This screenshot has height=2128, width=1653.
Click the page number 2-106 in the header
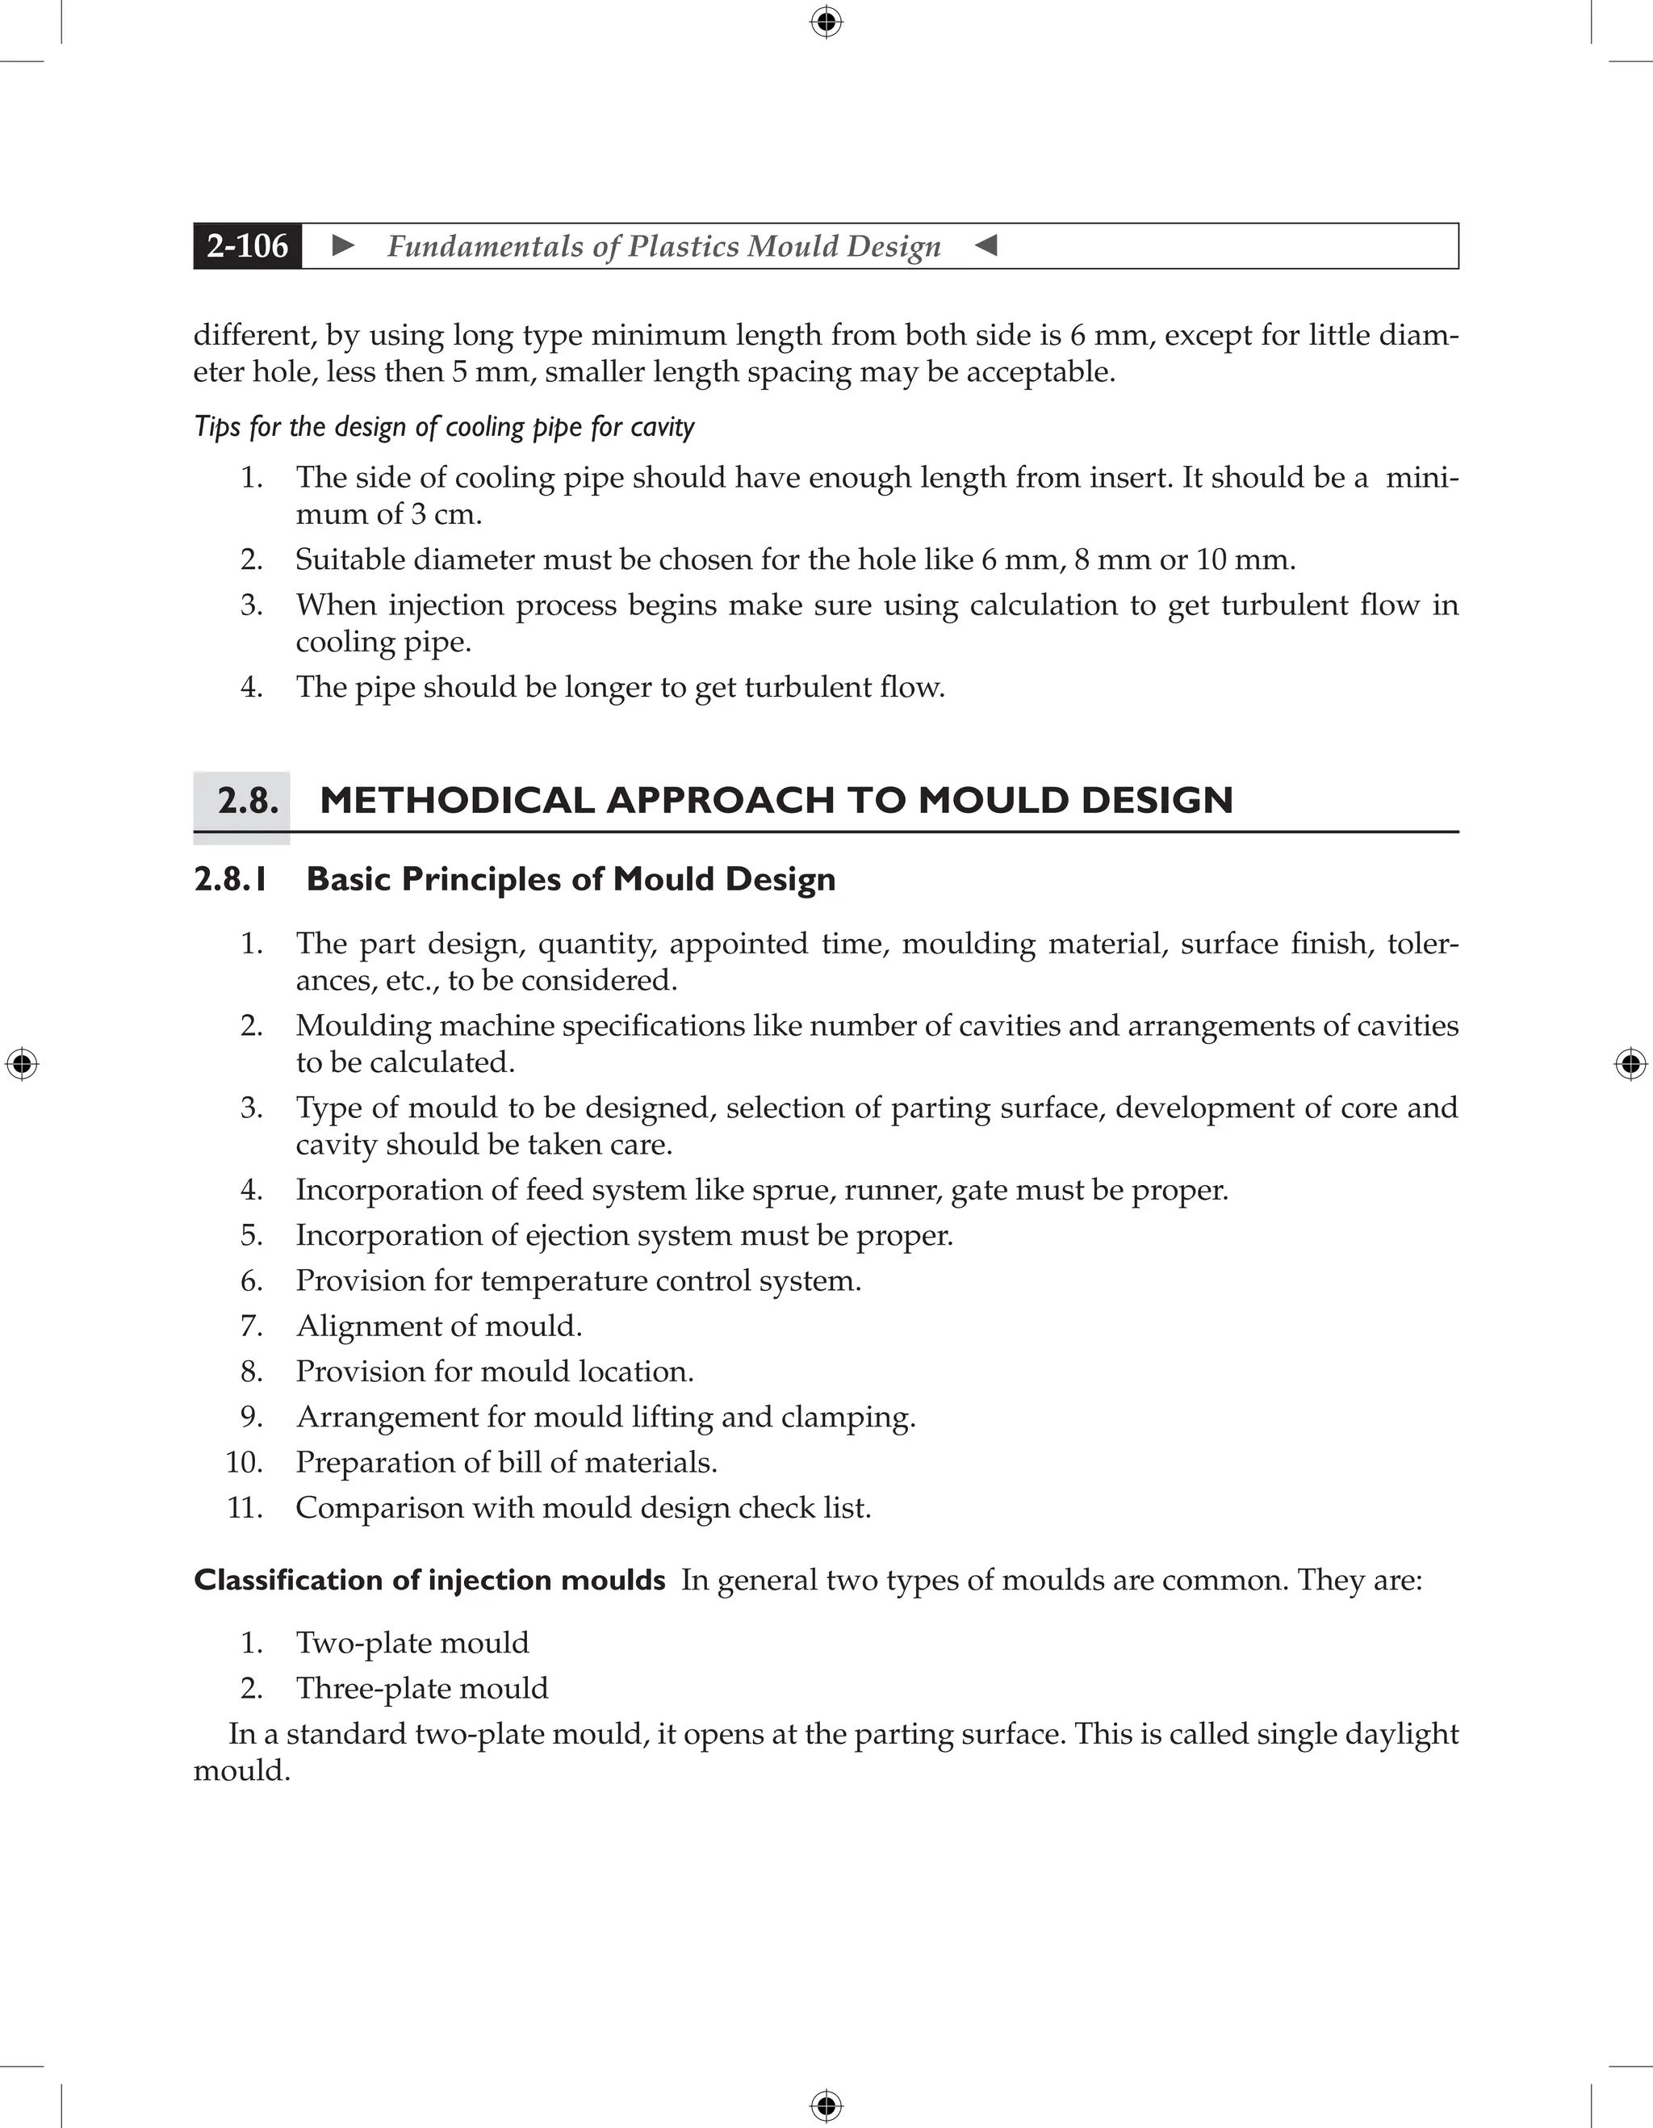point(248,245)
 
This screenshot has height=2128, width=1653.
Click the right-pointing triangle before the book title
point(343,245)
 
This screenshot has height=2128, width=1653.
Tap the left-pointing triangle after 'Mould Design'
point(986,245)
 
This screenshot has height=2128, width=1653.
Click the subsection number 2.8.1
point(231,880)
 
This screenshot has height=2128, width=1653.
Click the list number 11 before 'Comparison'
point(245,1507)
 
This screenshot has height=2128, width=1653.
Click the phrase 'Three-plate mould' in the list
point(422,1689)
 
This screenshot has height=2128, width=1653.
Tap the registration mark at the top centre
point(826,22)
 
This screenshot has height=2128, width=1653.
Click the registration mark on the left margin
point(22,1063)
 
